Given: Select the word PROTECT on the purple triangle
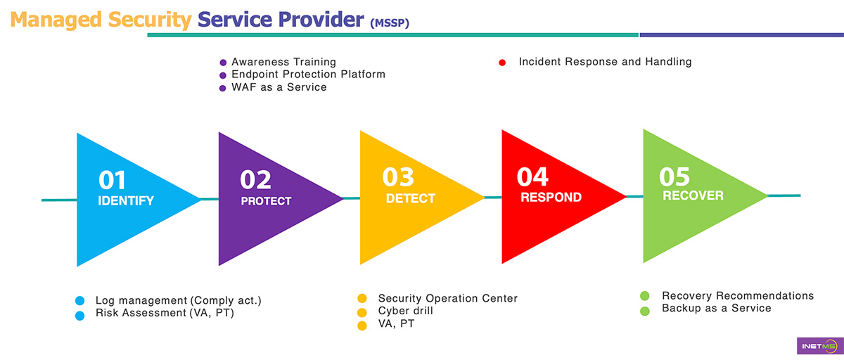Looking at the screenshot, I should pos(266,201).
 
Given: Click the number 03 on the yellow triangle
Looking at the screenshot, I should pos(398,177).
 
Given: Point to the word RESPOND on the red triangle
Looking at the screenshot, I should pos(551,198).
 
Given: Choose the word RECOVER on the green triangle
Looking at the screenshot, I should pos(693,195).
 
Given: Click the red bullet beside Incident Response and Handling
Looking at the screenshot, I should pos(502,63).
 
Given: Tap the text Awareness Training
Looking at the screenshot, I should pos(283,63).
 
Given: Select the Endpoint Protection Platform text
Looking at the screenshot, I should pos(308,75).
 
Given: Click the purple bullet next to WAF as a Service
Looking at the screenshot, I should pos(223,88).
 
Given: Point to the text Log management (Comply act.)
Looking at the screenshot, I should pos(179,300).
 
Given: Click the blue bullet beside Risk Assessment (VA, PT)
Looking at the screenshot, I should pos(79,314).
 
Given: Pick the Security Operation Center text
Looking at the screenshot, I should pos(447,298).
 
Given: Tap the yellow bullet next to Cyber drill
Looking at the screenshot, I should pos(362,311).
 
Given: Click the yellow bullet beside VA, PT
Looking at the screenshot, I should pos(362,325).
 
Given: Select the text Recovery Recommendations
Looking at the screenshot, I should pos(737,295).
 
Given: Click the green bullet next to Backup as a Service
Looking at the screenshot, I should pos(644,309).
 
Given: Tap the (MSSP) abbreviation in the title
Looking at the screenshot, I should pos(389,23).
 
